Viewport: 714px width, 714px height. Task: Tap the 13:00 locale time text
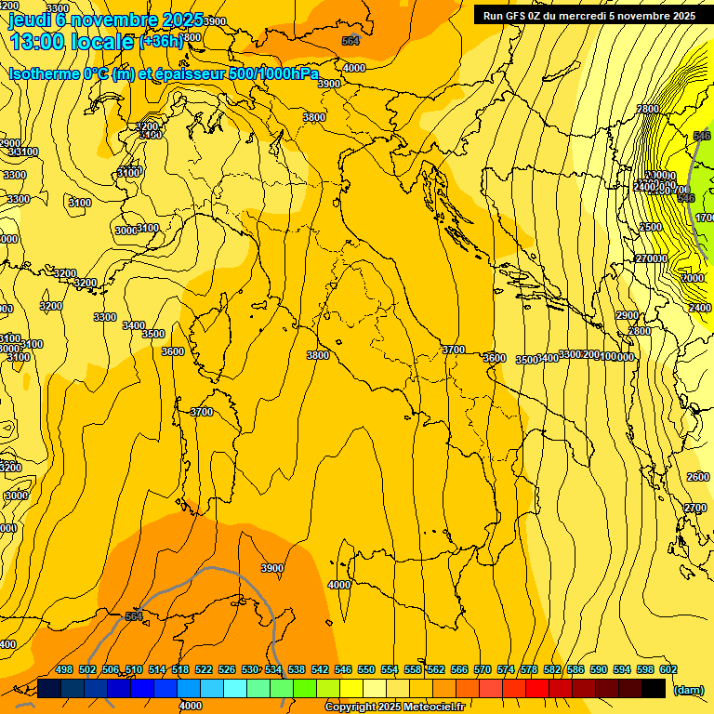[x=72, y=42]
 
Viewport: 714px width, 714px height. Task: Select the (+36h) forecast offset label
[x=162, y=42]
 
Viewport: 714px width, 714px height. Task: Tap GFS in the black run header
[x=521, y=16]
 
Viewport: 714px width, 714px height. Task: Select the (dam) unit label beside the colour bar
[x=689, y=690]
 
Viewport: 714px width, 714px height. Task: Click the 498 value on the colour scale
[x=64, y=669]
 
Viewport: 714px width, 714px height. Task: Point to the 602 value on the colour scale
[x=668, y=669]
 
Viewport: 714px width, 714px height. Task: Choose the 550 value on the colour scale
[x=366, y=669]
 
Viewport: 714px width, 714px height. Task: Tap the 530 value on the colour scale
[x=250, y=669]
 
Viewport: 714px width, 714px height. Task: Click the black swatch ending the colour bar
[x=654, y=688]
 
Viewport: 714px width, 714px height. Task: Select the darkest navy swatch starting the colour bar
[x=49, y=688]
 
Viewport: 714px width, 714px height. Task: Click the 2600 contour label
[x=697, y=477]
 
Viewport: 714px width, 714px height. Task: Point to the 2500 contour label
[x=651, y=227]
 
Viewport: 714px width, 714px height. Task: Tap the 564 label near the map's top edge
[x=350, y=41]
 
